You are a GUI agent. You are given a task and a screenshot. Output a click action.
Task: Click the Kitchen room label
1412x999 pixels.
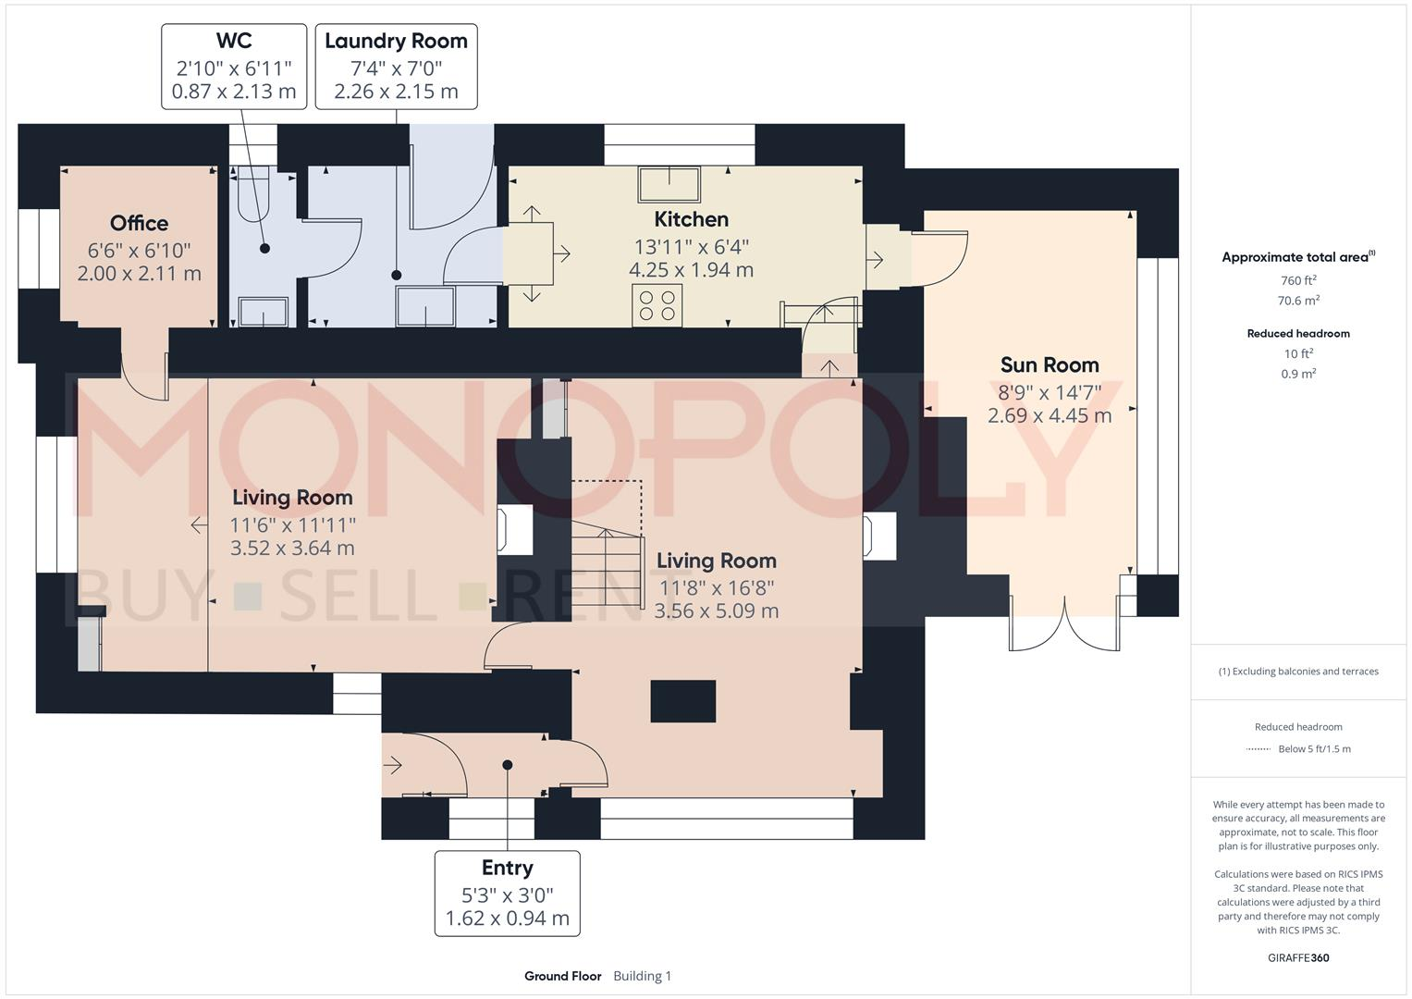691,219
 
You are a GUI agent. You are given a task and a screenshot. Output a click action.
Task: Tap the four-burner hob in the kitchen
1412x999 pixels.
657,305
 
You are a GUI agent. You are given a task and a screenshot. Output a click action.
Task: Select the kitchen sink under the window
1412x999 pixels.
669,184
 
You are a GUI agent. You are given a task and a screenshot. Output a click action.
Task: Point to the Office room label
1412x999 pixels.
139,223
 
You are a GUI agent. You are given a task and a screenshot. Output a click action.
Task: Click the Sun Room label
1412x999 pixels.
1050,364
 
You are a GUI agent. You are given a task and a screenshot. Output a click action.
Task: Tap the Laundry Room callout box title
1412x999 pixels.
396,42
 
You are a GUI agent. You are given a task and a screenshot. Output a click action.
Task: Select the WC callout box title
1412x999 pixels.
234,41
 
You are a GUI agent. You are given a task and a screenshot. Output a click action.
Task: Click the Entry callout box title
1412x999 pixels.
507,868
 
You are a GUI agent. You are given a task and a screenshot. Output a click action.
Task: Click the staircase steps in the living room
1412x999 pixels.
607,564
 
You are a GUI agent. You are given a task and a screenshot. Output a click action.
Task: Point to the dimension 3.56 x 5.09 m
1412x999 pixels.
716,611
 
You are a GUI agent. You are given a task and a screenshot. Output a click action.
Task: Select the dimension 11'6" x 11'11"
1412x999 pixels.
292,524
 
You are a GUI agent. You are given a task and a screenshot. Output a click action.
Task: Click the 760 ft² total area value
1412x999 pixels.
1298,280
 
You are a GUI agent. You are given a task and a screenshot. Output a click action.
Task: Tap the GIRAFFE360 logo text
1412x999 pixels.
1298,957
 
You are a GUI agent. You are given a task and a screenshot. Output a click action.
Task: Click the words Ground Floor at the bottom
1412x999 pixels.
562,976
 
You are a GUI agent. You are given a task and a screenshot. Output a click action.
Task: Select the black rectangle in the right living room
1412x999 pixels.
683,700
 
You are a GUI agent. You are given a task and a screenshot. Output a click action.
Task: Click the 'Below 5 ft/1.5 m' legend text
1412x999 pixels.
1314,749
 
